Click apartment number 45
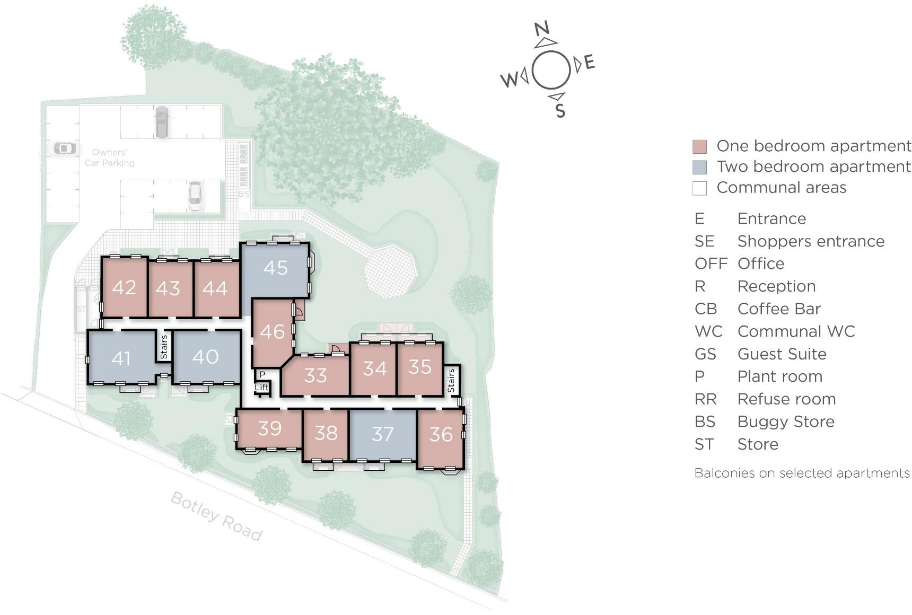(x=275, y=268)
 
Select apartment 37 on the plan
(x=382, y=434)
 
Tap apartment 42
(x=124, y=287)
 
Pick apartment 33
(x=315, y=375)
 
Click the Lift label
(x=262, y=388)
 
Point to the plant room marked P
(x=262, y=375)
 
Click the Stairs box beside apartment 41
(x=164, y=347)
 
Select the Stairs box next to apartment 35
(x=451, y=380)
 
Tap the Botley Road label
(x=216, y=516)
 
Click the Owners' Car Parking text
(x=110, y=157)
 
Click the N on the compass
(x=541, y=29)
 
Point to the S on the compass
(x=560, y=111)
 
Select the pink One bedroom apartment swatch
(x=699, y=146)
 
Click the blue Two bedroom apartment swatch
(x=699, y=167)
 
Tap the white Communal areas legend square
(x=699, y=188)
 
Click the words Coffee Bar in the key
(x=778, y=309)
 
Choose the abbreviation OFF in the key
(x=711, y=263)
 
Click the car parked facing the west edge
(x=63, y=148)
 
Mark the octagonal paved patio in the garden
(x=390, y=272)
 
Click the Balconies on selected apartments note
(x=802, y=473)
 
